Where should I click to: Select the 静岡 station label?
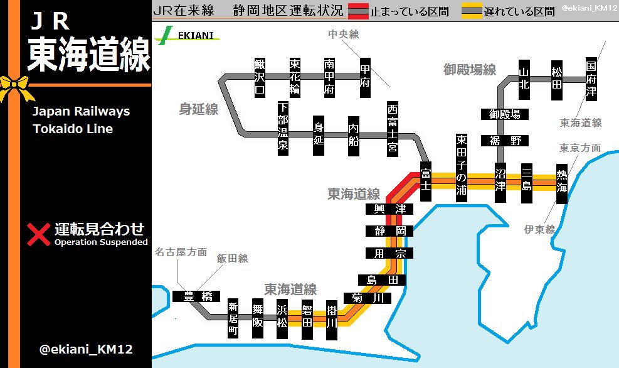click(x=389, y=230)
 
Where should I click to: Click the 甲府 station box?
click(x=366, y=78)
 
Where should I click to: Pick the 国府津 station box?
click(x=591, y=78)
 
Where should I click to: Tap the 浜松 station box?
click(x=282, y=315)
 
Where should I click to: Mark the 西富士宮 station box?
click(x=393, y=128)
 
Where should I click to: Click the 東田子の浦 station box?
click(x=462, y=167)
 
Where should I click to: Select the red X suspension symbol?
click(x=39, y=234)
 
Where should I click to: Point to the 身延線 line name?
click(x=199, y=109)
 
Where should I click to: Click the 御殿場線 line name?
click(x=470, y=69)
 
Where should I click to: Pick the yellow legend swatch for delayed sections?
click(x=472, y=11)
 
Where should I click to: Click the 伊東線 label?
click(x=540, y=230)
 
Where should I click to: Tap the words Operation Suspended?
click(x=101, y=242)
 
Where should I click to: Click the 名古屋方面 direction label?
click(x=181, y=252)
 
